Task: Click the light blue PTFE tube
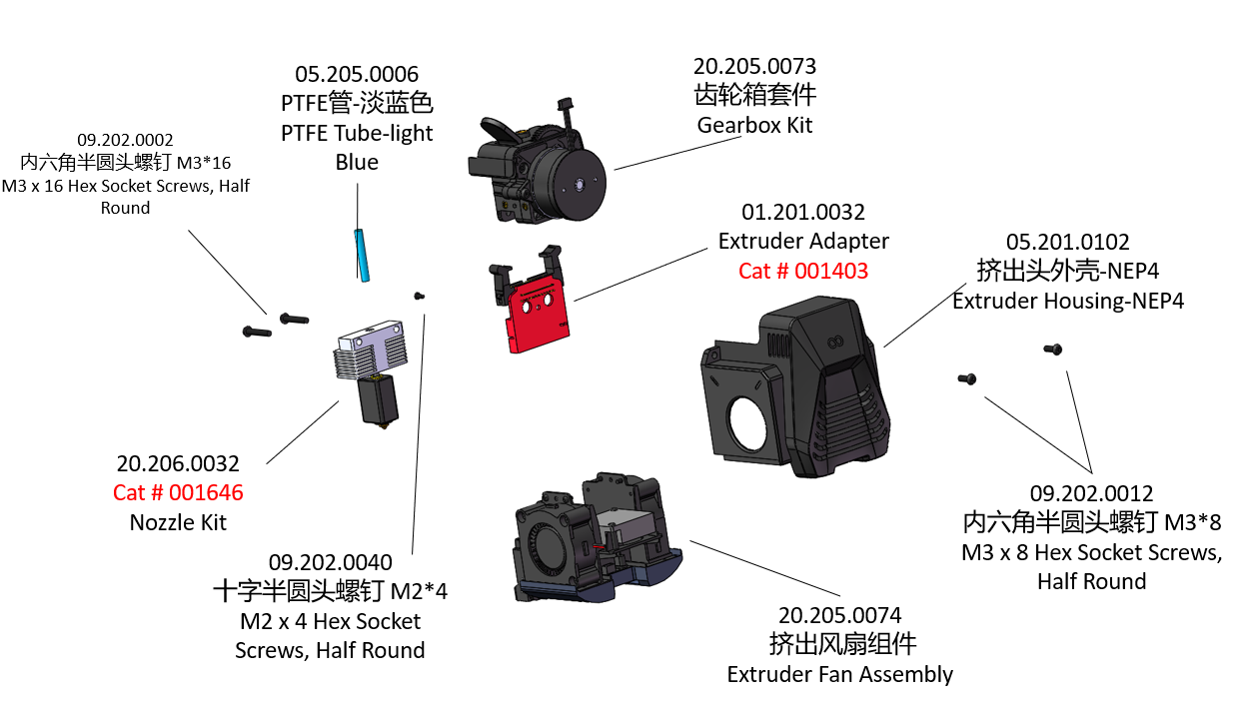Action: [x=360, y=256]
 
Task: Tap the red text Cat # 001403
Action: [x=803, y=271]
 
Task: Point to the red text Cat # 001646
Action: [x=178, y=492]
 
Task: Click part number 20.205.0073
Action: [x=754, y=67]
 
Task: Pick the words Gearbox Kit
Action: [x=754, y=125]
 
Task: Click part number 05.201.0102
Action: [x=1067, y=242]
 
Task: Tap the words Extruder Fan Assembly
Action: [x=839, y=674]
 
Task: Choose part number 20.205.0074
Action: [x=839, y=615]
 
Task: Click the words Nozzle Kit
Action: [x=178, y=521]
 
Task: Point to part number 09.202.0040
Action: [x=330, y=563]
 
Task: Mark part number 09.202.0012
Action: [x=1091, y=493]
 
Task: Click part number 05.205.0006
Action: [x=357, y=74]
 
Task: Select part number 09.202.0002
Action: [x=125, y=141]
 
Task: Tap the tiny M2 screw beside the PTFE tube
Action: [x=420, y=296]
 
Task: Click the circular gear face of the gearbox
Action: [x=578, y=184]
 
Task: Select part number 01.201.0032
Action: [x=803, y=213]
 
